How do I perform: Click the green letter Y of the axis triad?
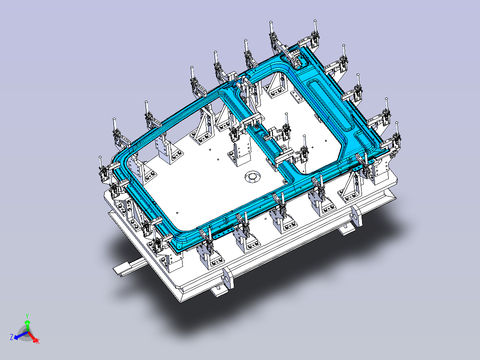[x=27, y=316]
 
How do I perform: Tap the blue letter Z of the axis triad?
[x=11, y=337]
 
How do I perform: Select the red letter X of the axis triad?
[x=38, y=342]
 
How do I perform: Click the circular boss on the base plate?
[x=252, y=177]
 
